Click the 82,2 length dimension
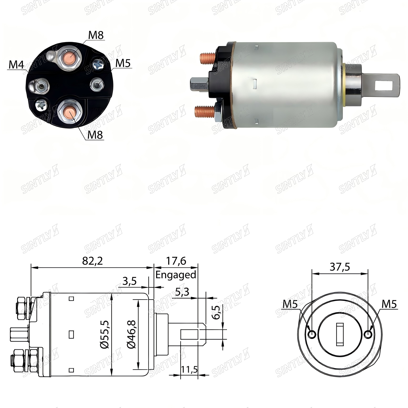92,261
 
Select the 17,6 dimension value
176,261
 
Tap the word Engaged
176,275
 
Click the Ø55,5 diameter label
105,335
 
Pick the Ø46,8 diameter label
131,335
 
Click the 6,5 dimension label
216,312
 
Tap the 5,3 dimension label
182,292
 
